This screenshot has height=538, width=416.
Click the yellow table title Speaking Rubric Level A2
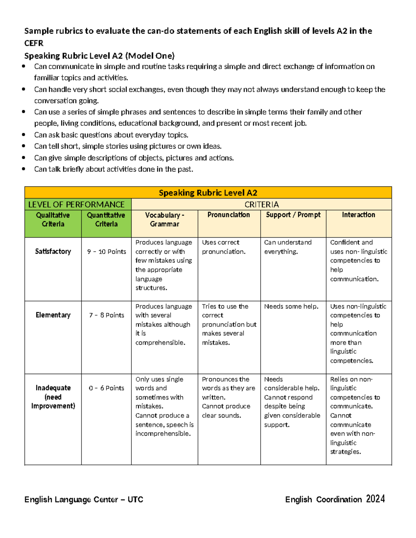208,193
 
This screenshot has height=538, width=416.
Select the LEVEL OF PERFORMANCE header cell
76,204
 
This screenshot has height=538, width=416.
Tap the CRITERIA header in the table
261,204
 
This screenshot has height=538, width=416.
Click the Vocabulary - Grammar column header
164,219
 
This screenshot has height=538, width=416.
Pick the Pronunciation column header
228,215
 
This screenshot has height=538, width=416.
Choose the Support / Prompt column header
293,215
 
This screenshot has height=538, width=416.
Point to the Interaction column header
358,215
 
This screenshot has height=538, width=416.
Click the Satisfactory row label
53,252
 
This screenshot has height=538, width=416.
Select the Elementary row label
53,315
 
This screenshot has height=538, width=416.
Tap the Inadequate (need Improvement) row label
53,397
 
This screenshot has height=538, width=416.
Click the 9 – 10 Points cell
106,252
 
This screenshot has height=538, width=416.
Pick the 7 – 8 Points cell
106,315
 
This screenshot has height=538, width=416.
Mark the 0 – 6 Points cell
106,388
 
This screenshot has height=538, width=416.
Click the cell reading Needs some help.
291,306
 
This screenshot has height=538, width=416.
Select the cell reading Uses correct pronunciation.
224,247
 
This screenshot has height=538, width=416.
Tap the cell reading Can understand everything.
288,247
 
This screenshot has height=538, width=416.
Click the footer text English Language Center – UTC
84,499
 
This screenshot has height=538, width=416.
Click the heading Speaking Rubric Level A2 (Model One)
99,56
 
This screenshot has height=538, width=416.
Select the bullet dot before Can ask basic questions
24,135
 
